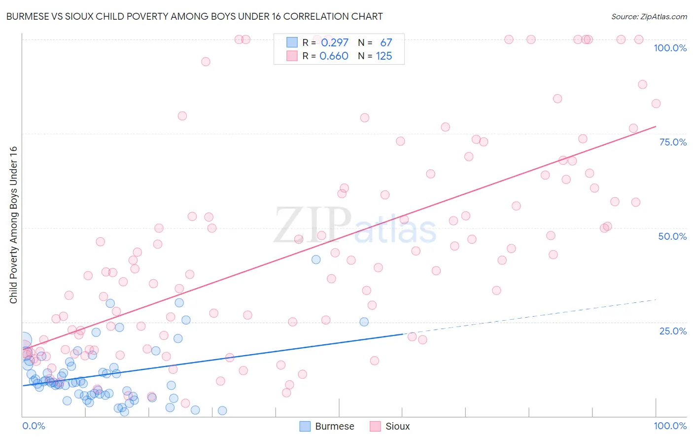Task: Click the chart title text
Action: pos(194,17)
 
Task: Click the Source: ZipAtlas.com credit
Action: pos(649,17)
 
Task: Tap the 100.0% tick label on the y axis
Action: pos(670,48)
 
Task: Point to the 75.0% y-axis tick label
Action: pos(673,142)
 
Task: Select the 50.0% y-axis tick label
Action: pos(672,236)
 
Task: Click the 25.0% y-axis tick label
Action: pos(673,331)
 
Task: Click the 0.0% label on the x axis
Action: pos(34,426)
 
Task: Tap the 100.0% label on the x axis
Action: pos(670,426)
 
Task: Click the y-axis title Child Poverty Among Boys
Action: pos(13,225)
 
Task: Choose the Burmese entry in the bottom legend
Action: pos(334,426)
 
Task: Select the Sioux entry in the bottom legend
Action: pos(397,426)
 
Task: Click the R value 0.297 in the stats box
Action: pos(335,43)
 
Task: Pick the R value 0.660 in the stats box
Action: pos(334,56)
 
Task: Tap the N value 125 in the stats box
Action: pos(384,56)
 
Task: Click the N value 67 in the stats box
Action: pos(386,43)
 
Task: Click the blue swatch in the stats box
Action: pos(292,42)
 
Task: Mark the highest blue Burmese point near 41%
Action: pos(316,259)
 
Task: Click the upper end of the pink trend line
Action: pos(656,127)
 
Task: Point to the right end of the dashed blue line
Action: pos(656,300)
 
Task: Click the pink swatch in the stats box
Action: pos(292,56)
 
